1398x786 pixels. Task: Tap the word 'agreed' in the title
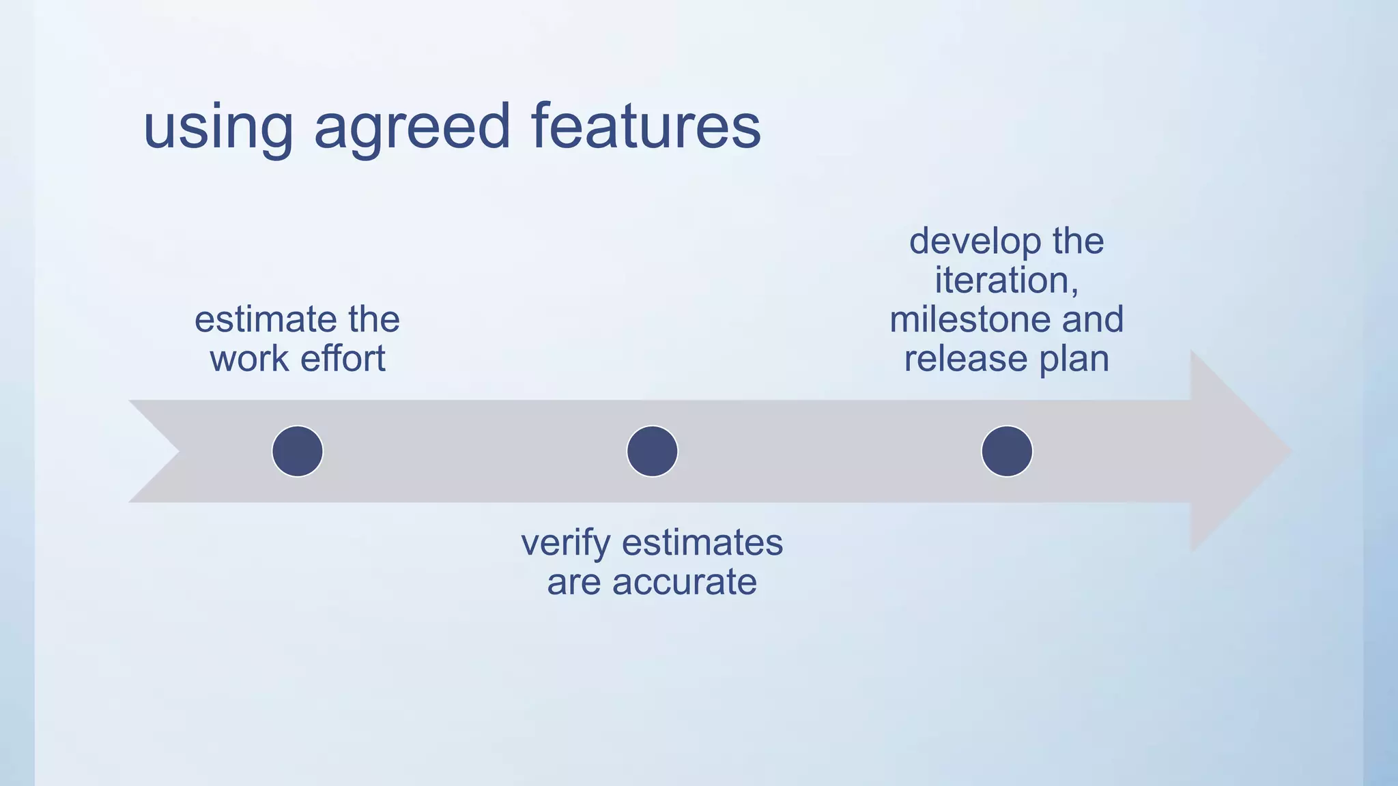click(x=412, y=128)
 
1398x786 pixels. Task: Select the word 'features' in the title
click(x=645, y=126)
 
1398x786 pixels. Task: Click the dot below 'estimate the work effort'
click(x=298, y=451)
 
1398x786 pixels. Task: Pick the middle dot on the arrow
click(x=652, y=451)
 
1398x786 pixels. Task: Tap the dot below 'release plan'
click(x=1007, y=451)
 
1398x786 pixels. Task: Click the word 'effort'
click(x=343, y=359)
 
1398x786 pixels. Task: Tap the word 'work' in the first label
click(x=249, y=359)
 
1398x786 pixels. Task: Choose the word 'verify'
click(x=565, y=544)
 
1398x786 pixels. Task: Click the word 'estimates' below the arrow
click(x=702, y=543)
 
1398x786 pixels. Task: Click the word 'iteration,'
click(x=1006, y=280)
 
